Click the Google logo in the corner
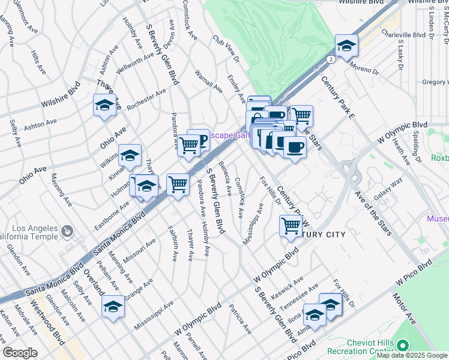[x=20, y=353]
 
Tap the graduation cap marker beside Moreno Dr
[x=346, y=46]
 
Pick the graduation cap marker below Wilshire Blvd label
[x=104, y=106]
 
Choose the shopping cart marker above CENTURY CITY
[x=291, y=226]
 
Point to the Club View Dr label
[x=226, y=50]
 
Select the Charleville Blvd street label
[x=404, y=35]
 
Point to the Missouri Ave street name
[x=142, y=250]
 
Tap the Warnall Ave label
[x=208, y=82]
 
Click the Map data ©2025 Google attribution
[x=411, y=355]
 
